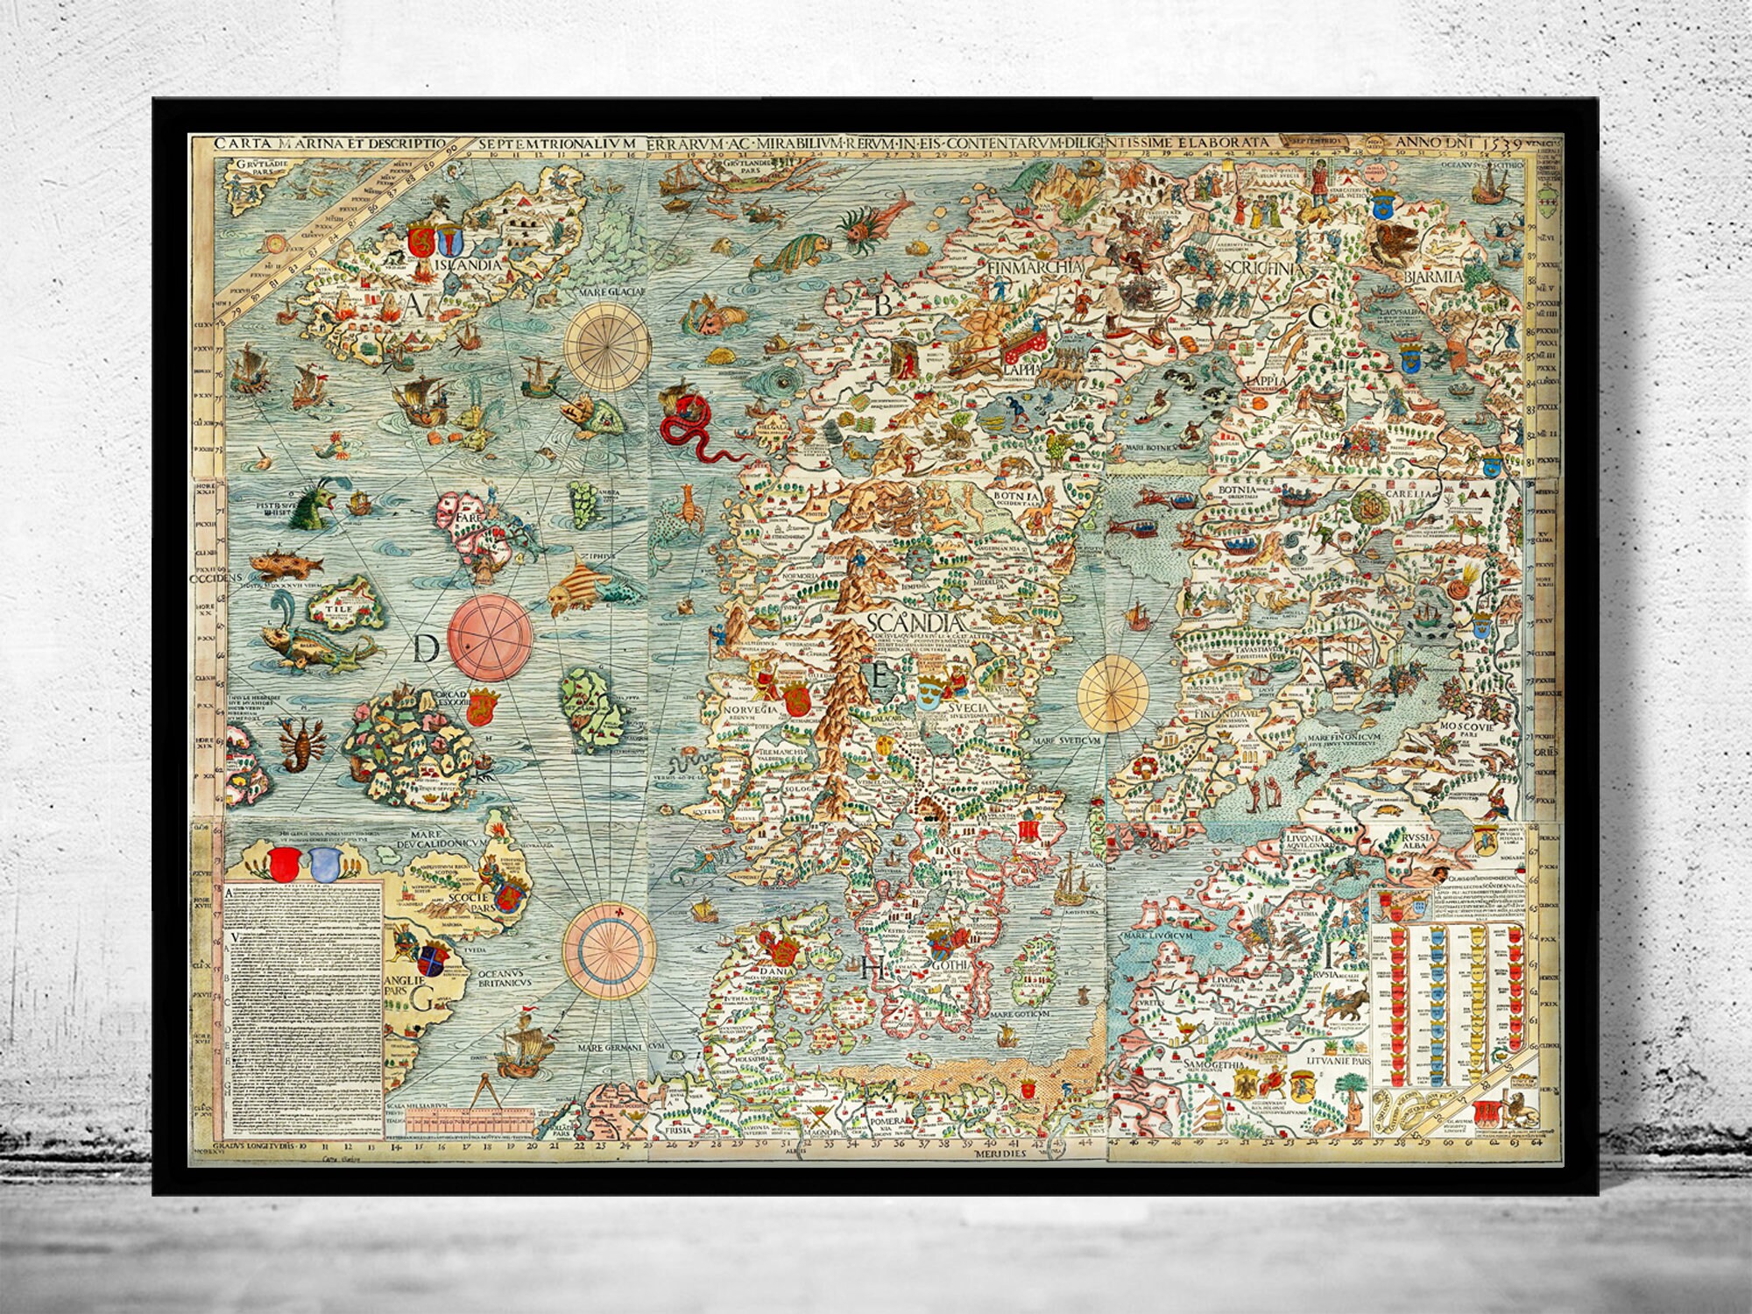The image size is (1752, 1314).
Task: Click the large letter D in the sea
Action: click(x=426, y=649)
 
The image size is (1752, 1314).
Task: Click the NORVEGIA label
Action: click(x=749, y=734)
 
